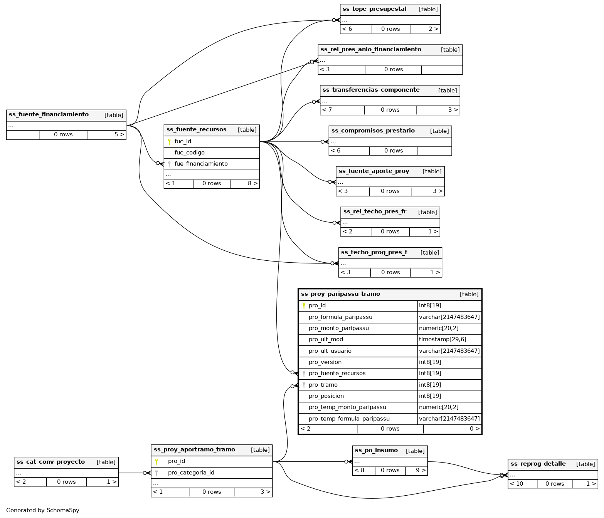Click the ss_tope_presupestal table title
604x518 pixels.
tap(374, 9)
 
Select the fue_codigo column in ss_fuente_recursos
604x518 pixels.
tap(189, 153)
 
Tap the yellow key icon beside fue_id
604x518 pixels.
tap(169, 142)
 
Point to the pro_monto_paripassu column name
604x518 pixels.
tap(338, 329)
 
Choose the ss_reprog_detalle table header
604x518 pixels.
tap(538, 464)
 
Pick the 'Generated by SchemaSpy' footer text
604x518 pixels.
tap(42, 511)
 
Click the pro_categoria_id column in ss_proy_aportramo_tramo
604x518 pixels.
tap(191, 473)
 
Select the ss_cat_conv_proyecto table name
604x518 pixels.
tap(50, 462)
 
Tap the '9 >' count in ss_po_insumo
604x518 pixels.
tap(421, 471)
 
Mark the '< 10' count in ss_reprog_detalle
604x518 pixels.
tap(517, 484)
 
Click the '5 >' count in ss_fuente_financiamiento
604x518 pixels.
tap(119, 135)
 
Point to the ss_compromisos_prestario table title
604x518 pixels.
tap(373, 131)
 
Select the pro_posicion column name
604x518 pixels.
tap(326, 396)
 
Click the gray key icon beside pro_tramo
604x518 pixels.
tap(304, 385)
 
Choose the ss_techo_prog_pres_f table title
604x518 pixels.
tap(374, 253)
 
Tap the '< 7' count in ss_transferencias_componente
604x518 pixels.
tap(327, 110)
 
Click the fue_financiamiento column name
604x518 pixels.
tap(201, 164)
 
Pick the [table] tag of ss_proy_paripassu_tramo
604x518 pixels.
tap(469, 295)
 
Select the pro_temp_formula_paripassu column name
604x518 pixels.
tap(349, 419)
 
